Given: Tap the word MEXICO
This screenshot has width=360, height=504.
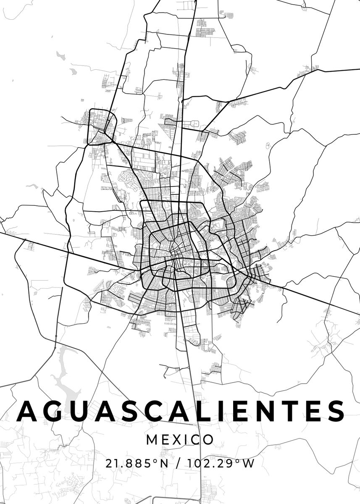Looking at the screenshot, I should [x=180, y=440].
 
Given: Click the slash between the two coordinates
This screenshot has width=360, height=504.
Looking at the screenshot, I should [x=180, y=464].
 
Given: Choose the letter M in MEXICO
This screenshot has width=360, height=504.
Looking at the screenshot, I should [x=152, y=440].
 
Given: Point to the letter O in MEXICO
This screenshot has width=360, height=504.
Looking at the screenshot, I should [x=208, y=440].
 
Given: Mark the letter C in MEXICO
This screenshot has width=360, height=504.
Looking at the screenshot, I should [x=195, y=440].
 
